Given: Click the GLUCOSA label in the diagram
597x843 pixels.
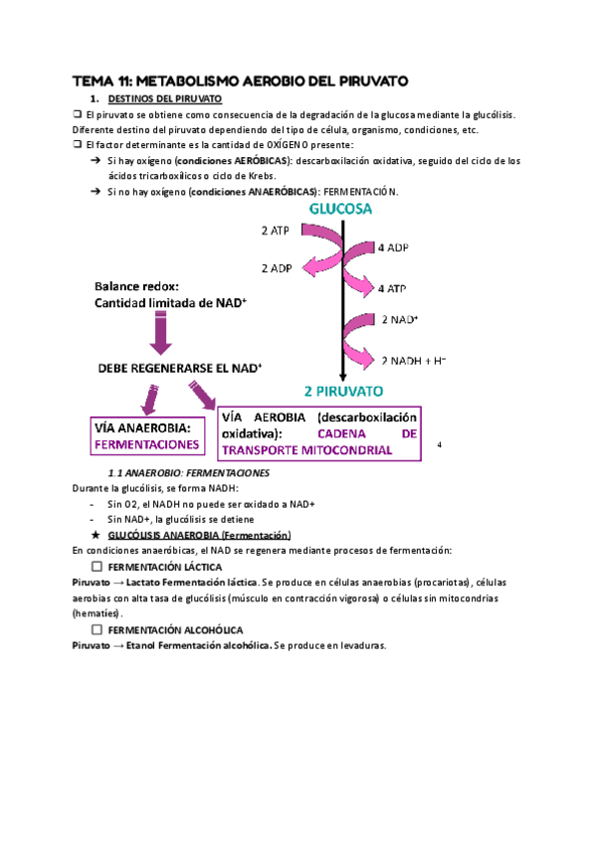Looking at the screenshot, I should [x=341, y=210].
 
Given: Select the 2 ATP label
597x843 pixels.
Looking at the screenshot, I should [x=277, y=231].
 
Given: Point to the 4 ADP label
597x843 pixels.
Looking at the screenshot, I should [x=394, y=247].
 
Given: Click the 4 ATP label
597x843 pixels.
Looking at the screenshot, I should [x=394, y=288].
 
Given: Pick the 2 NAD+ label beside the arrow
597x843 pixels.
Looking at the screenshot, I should [x=400, y=320].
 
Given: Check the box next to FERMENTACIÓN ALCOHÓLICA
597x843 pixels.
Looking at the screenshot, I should [x=97, y=630].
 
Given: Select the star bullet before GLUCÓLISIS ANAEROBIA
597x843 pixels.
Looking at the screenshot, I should [x=95, y=535].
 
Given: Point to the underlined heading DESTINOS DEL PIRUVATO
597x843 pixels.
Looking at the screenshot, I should [x=164, y=100].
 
